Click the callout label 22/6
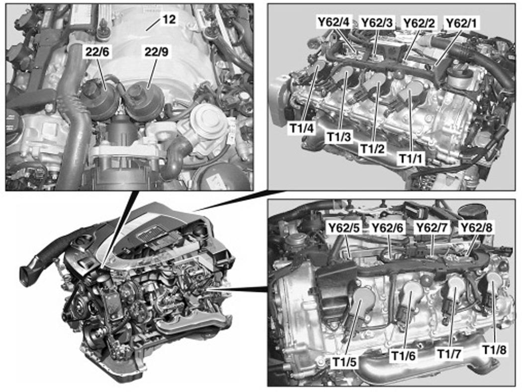(97, 52)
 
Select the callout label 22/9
(156, 52)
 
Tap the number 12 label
(169, 19)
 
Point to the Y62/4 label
(334, 22)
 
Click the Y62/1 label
(461, 23)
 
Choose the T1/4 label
(302, 129)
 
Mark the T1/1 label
(412, 158)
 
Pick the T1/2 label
(372, 149)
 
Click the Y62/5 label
(344, 228)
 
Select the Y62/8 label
(476, 228)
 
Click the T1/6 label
(403, 356)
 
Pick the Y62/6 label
(387, 228)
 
